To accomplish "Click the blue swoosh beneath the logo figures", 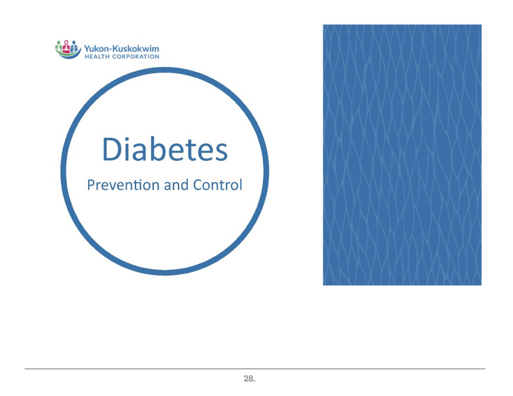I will (x=66, y=56).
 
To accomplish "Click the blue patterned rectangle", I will (x=401, y=155).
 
